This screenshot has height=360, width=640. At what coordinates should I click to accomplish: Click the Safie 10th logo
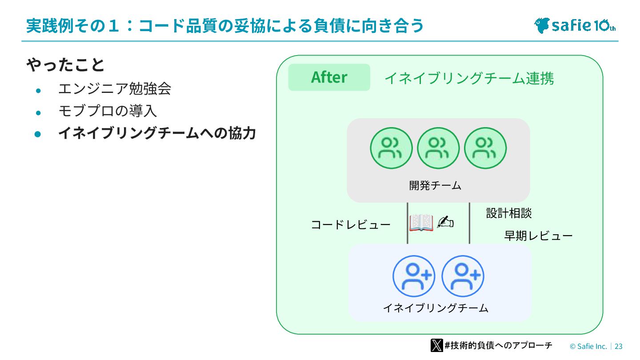click(575, 25)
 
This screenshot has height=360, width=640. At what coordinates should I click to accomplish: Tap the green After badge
click(329, 77)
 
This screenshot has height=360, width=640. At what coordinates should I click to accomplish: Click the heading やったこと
click(65, 65)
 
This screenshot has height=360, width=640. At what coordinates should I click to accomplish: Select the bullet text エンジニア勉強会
click(115, 89)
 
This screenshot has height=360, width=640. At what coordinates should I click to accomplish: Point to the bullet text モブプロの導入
click(108, 111)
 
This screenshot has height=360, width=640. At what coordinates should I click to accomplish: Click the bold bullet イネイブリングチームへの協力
click(157, 133)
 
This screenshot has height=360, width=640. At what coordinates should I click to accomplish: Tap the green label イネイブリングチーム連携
click(469, 79)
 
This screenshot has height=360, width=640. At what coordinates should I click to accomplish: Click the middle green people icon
click(438, 148)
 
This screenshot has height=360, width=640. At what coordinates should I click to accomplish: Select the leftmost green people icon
click(391, 148)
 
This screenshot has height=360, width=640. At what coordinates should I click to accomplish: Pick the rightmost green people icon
click(485, 148)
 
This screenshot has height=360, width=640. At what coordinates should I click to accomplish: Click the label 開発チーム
click(435, 185)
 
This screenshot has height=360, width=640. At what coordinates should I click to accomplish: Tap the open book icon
click(421, 222)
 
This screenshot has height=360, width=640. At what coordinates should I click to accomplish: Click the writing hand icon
click(445, 222)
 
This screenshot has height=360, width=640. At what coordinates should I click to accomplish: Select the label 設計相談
click(508, 213)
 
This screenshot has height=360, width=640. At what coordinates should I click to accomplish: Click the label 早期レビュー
click(538, 236)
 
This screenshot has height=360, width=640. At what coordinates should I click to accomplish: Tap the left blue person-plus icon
click(414, 276)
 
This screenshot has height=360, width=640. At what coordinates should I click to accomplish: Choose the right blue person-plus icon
click(463, 276)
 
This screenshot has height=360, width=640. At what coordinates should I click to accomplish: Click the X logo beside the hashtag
click(436, 345)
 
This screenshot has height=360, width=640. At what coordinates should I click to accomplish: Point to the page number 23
click(619, 346)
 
